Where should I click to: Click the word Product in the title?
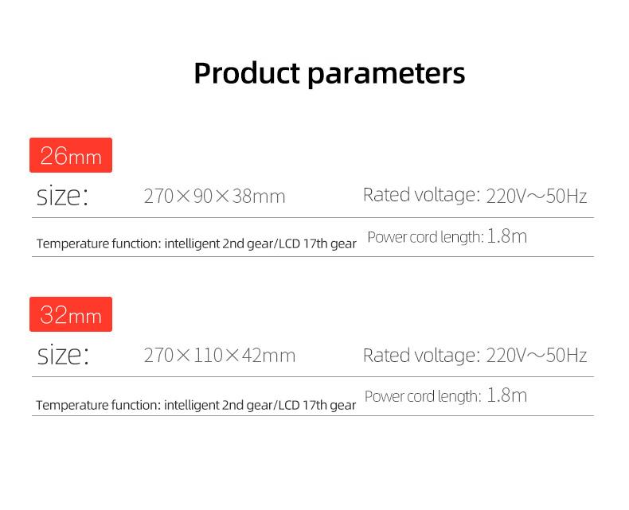click(247, 73)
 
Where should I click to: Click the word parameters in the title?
click(386, 75)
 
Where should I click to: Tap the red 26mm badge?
click(71, 155)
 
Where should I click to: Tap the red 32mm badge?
click(71, 314)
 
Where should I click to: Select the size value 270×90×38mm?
click(215, 196)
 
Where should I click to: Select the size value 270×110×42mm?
click(220, 355)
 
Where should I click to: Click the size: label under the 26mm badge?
click(62, 196)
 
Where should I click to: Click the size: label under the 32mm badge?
click(63, 355)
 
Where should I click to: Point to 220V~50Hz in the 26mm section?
click(537, 196)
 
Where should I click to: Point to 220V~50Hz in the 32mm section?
click(537, 355)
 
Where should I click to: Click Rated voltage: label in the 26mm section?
click(422, 195)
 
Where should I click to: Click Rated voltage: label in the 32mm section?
click(422, 355)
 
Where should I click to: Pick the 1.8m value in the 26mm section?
click(506, 236)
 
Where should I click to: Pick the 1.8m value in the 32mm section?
click(506, 395)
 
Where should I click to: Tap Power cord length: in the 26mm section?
click(426, 237)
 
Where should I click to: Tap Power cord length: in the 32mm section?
click(423, 396)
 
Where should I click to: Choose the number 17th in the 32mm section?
click(314, 405)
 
